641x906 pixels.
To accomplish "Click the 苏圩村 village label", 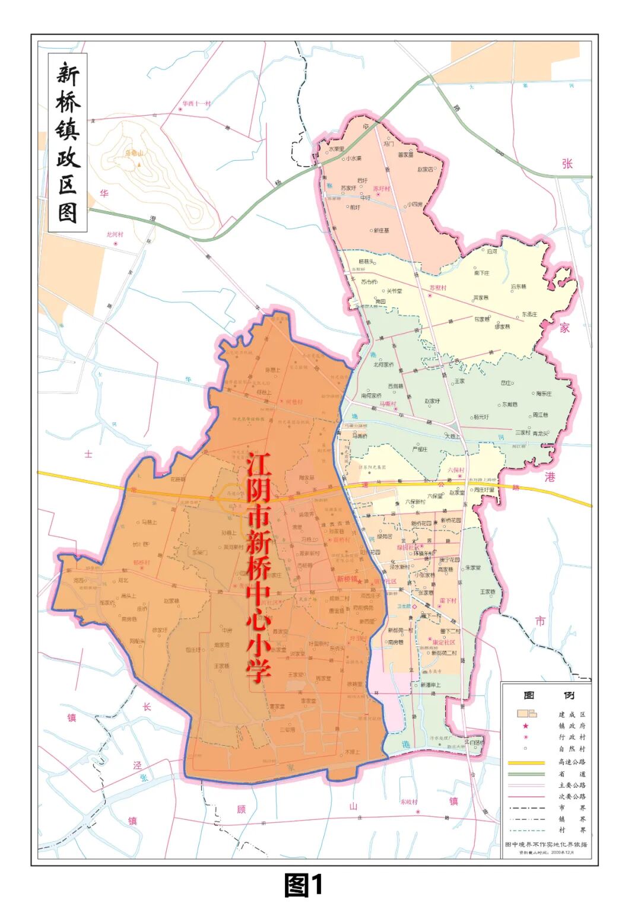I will point(382,189).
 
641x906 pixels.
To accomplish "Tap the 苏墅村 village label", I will point(437,288).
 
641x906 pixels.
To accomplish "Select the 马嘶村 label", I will point(388,404).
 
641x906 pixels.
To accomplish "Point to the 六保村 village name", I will point(456,470).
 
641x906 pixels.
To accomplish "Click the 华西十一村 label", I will point(196,104).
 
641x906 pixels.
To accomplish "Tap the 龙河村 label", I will point(115,235).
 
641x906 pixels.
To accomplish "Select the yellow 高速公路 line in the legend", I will point(526,762).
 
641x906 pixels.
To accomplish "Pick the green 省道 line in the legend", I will point(526,774).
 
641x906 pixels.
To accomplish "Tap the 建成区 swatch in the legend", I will point(526,714).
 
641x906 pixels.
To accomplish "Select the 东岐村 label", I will point(409,802).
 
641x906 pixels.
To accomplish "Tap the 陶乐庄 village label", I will point(544,393).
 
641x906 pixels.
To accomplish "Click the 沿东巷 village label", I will point(518,287).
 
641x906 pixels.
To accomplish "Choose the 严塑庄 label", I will point(420,449).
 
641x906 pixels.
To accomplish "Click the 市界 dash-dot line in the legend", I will point(526,808).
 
